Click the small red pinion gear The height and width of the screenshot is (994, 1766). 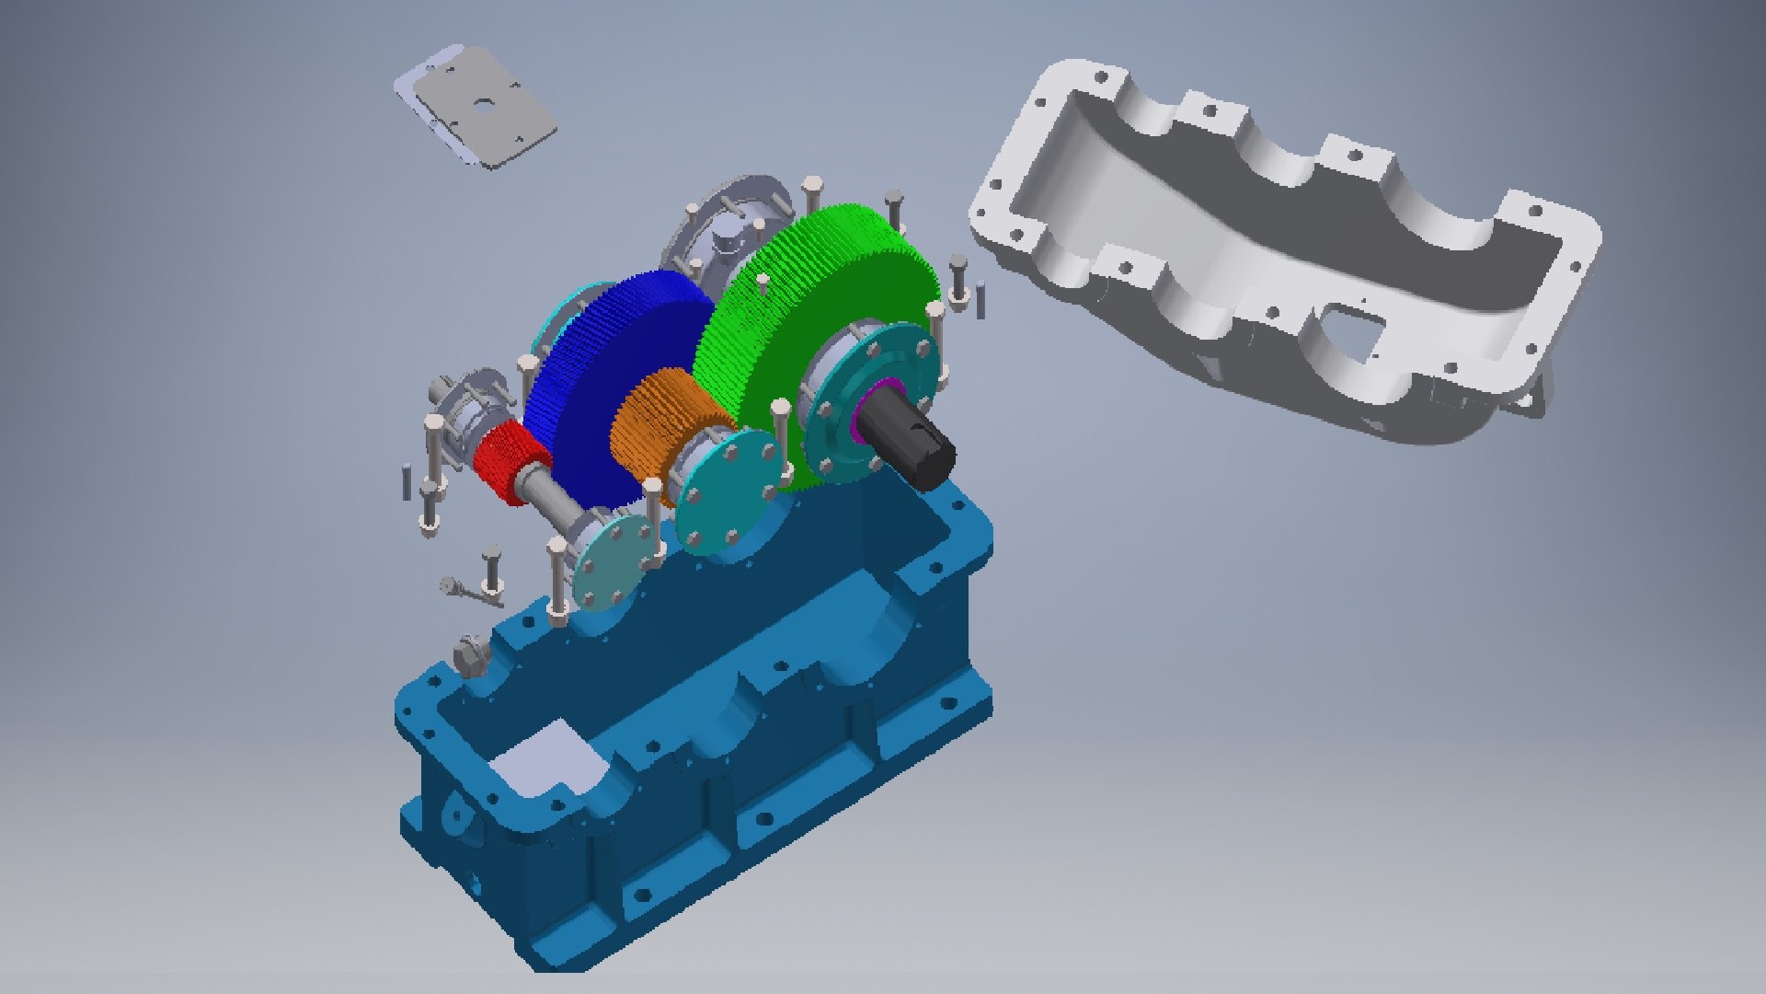509,460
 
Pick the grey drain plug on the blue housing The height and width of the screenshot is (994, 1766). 471,655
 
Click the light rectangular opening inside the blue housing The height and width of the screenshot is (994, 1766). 543,759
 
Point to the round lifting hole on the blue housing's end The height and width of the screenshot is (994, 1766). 453,814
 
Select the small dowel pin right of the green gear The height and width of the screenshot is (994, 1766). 980,300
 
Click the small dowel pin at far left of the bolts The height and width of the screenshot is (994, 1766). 406,482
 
